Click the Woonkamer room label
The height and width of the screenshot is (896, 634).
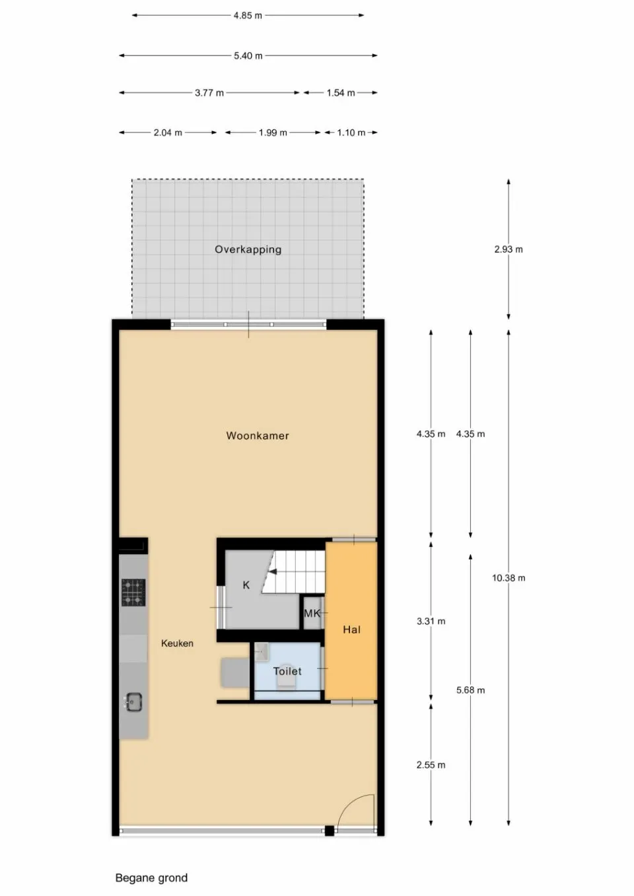pyautogui.click(x=258, y=435)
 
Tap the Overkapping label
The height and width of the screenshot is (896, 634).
pyautogui.click(x=248, y=249)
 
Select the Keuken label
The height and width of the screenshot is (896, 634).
pyautogui.click(x=177, y=643)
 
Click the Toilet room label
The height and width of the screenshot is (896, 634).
pyautogui.click(x=287, y=671)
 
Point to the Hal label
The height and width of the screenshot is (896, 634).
pyautogui.click(x=351, y=629)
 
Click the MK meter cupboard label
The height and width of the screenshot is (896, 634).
pyautogui.click(x=312, y=614)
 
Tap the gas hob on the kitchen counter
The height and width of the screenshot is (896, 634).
pyautogui.click(x=133, y=592)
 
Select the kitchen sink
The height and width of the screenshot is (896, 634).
pyautogui.click(x=133, y=702)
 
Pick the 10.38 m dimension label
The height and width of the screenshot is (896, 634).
pyautogui.click(x=509, y=578)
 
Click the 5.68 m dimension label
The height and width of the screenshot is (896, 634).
pyautogui.click(x=470, y=690)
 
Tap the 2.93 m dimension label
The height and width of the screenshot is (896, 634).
pyautogui.click(x=509, y=249)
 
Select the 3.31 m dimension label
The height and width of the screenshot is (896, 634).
pyautogui.click(x=431, y=622)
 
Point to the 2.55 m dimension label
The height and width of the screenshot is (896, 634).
pyautogui.click(x=431, y=765)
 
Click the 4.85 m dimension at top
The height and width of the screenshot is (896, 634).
pyautogui.click(x=248, y=15)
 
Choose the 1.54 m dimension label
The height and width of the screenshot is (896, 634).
pyautogui.click(x=341, y=93)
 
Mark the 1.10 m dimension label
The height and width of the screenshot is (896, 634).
pyautogui.click(x=351, y=133)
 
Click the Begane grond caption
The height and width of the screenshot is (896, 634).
pyautogui.click(x=151, y=878)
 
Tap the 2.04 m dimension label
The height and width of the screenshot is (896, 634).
pyautogui.click(x=168, y=133)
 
